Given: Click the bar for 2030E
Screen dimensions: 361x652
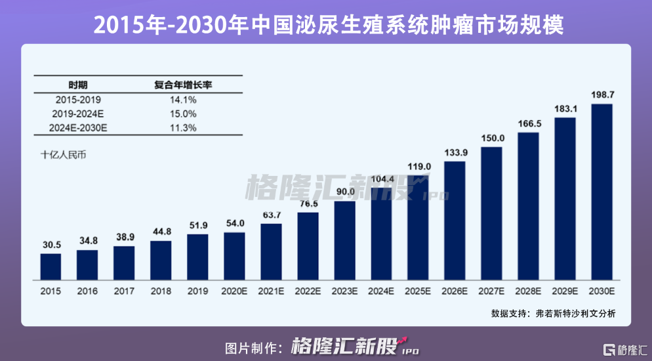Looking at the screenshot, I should [x=601, y=192].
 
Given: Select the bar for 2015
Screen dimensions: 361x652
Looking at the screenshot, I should [x=51, y=266].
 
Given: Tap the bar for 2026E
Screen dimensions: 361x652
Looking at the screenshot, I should [x=455, y=221].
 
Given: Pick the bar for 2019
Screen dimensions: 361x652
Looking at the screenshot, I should [x=197, y=257].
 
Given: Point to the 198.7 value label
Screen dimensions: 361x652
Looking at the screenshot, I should [x=601, y=95].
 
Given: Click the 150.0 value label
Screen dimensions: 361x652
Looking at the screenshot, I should [x=491, y=138].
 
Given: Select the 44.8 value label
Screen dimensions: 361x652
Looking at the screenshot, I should [x=161, y=231].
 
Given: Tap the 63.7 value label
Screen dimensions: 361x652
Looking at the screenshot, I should [x=271, y=215].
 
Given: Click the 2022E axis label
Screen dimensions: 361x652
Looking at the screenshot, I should [x=308, y=291].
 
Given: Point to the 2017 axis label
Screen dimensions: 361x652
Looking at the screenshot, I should [x=124, y=291].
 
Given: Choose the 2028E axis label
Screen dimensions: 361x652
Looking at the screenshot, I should [x=528, y=291].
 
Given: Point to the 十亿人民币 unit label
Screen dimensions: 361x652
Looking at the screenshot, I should [x=63, y=156].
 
